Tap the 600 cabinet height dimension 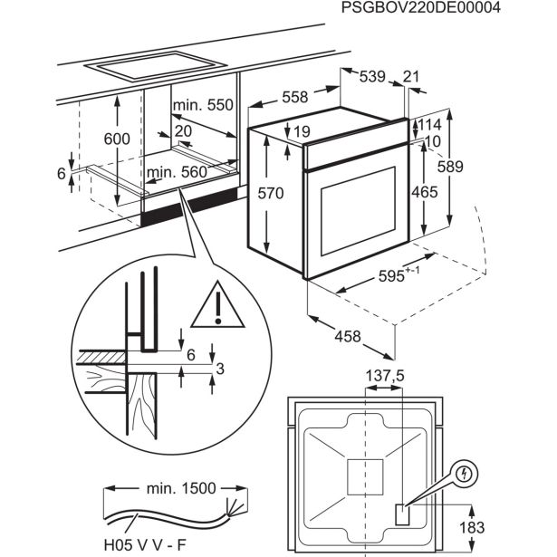click(x=117, y=139)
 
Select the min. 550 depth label click(x=204, y=105)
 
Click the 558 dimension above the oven click(x=291, y=98)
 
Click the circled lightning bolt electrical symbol click(x=464, y=473)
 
